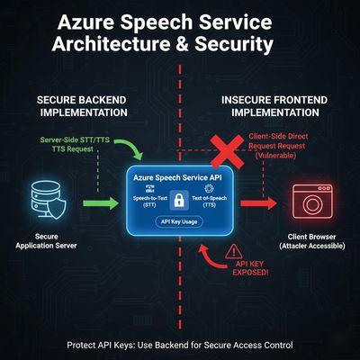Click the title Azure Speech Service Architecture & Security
(x=180, y=33)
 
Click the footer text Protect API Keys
(x=180, y=344)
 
